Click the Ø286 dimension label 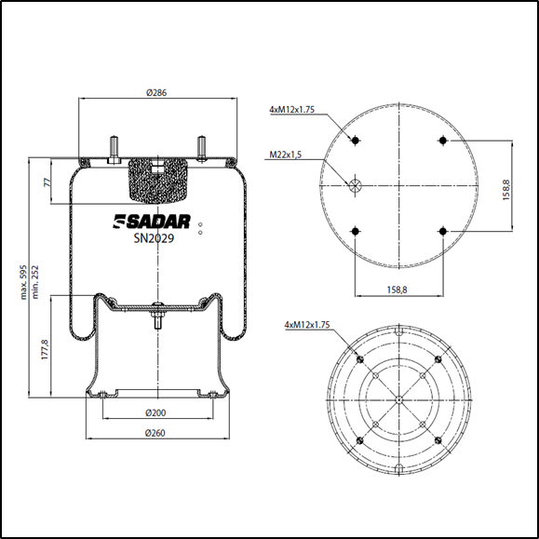(x=156, y=92)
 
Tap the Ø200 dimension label (x=156, y=412)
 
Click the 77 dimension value (x=47, y=182)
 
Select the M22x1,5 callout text (x=287, y=155)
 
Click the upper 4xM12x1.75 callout (x=291, y=110)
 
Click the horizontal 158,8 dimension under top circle (x=399, y=290)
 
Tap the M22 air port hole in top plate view (x=355, y=186)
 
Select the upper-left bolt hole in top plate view (x=355, y=141)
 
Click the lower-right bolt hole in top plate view (x=443, y=231)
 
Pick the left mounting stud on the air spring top (x=113, y=149)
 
